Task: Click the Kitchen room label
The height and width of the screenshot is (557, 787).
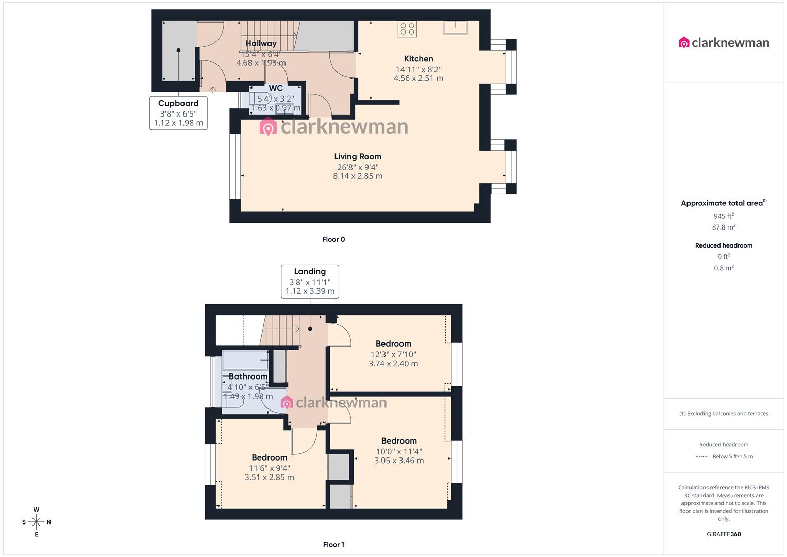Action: pyautogui.click(x=418, y=59)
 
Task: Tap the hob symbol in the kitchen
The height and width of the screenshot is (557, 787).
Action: pyautogui.click(x=407, y=29)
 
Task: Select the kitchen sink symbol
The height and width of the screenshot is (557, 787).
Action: pyautogui.click(x=455, y=27)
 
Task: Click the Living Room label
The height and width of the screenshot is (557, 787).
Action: pyautogui.click(x=358, y=157)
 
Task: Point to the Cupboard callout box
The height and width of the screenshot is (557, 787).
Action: pyautogui.click(x=178, y=113)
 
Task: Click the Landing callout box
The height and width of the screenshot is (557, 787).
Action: pyautogui.click(x=310, y=281)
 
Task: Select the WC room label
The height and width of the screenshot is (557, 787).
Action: pyautogui.click(x=276, y=88)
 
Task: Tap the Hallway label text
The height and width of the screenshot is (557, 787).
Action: pyautogui.click(x=261, y=44)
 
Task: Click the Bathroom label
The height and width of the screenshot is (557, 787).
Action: pyautogui.click(x=248, y=376)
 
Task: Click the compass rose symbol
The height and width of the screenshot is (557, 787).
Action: pyautogui.click(x=36, y=522)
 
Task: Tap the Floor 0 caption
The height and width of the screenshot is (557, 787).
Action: pyautogui.click(x=333, y=239)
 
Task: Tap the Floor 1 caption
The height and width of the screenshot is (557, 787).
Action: pyautogui.click(x=333, y=544)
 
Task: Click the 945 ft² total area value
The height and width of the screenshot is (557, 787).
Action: pyautogui.click(x=724, y=216)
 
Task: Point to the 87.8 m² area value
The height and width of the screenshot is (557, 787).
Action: pyautogui.click(x=724, y=227)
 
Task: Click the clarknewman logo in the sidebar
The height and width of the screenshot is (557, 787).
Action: pyautogui.click(x=724, y=43)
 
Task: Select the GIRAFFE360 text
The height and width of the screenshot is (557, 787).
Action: pyautogui.click(x=724, y=534)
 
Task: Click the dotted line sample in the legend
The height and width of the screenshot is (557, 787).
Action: pyautogui.click(x=701, y=457)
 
